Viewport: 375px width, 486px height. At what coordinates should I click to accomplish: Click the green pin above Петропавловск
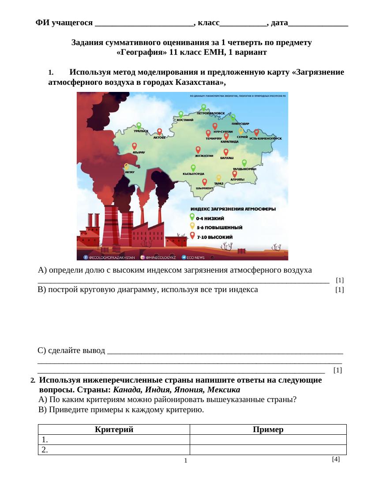click(203, 107)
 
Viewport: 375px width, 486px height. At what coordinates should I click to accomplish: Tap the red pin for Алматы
click(235, 174)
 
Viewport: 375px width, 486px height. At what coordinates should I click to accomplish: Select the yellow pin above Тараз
click(218, 178)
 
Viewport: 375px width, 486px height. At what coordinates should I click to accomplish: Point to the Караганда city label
click(229, 142)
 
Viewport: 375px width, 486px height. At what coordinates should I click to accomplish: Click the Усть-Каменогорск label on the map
click(265, 139)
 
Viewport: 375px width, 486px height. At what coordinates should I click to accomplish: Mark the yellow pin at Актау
click(127, 167)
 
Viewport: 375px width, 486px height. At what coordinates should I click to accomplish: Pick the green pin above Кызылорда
click(193, 168)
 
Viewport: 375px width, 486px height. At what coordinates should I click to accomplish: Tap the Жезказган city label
click(204, 156)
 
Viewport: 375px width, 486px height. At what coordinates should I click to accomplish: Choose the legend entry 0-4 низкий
click(210, 218)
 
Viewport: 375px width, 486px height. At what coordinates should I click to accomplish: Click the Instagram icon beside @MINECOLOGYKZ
click(142, 257)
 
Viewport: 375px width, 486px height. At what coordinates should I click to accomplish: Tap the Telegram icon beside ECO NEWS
click(184, 257)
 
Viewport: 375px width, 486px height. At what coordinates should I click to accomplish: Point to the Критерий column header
click(114, 429)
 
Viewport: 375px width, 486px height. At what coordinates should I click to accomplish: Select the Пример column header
click(268, 429)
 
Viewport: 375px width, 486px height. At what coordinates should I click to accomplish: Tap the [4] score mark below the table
click(336, 459)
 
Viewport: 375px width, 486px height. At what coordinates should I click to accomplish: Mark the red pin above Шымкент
click(204, 182)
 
